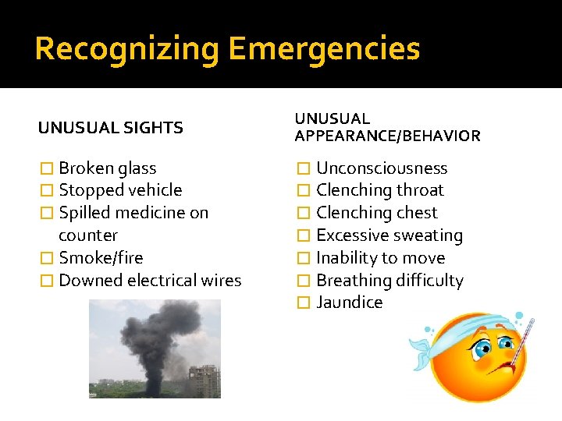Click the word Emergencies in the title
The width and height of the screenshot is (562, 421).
coord(324,49)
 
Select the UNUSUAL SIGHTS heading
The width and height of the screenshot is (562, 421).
coord(111,128)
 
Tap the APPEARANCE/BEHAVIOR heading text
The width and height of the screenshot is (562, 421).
coord(387,136)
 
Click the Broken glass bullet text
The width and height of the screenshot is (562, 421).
coord(107,168)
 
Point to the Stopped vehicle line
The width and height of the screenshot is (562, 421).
coord(120,189)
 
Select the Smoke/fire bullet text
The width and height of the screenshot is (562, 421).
coord(101,257)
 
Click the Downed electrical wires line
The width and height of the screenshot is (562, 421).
coord(150,280)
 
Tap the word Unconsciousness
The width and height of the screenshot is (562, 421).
coord(382,168)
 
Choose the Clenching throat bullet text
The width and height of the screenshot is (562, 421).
coord(379,189)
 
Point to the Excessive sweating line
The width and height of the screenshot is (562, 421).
coord(389,235)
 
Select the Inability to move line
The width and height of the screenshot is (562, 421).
coord(380,257)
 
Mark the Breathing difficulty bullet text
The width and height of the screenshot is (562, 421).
coord(389,280)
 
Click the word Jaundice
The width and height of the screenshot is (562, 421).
coord(349,302)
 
